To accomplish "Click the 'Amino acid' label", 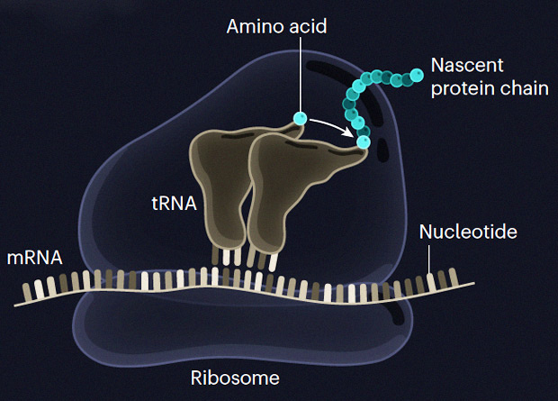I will (x=275, y=26).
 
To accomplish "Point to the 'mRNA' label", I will (x=34, y=257).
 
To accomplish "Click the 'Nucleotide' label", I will (x=468, y=232).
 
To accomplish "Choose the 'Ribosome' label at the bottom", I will (x=236, y=377).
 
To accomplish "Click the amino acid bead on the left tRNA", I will (x=300, y=118).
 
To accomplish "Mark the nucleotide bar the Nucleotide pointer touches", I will (x=431, y=281).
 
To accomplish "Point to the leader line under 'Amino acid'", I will (x=300, y=72).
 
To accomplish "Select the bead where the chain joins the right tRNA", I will (x=364, y=141).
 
